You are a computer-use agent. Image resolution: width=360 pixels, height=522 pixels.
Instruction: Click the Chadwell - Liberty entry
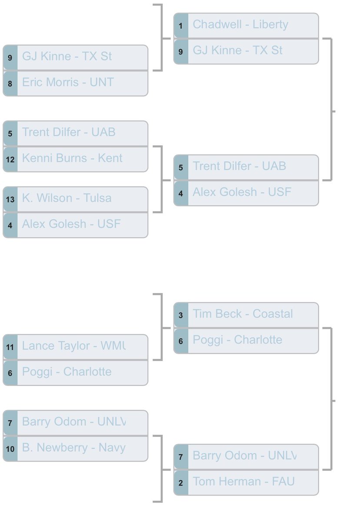pos(246,25)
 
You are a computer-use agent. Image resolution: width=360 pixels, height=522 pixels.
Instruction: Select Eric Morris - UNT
pos(76,83)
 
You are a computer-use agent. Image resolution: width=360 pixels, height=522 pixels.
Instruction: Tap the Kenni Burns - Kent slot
pos(76,158)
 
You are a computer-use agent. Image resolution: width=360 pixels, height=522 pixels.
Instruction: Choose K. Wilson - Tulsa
pos(76,198)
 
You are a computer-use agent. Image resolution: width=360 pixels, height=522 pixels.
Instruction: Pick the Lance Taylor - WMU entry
pos(76,346)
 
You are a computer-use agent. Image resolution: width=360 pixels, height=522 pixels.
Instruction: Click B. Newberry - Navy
pos(76,448)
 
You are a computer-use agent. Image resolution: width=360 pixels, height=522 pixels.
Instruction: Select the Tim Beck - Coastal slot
pos(246,314)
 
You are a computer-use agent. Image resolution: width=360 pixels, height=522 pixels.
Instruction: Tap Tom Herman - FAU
pos(246,482)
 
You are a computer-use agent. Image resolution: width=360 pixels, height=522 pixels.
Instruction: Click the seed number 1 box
pos(181,26)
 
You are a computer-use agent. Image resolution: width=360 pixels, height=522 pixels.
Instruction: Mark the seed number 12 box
pos(10,159)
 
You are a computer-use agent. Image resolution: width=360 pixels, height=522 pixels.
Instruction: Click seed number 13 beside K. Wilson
pos(10,199)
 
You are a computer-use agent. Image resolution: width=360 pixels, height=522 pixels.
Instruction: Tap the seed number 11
pos(10,347)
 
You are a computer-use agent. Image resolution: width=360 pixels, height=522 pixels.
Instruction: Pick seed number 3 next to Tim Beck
pos(181,315)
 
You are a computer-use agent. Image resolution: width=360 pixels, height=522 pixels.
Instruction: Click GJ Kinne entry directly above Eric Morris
pos(76,57)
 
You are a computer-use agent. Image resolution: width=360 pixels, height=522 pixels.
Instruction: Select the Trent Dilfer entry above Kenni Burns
pos(76,133)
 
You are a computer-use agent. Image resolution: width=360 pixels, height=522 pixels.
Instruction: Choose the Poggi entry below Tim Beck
pos(246,340)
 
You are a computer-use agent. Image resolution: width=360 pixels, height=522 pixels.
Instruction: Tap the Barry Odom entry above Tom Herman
pos(246,456)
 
